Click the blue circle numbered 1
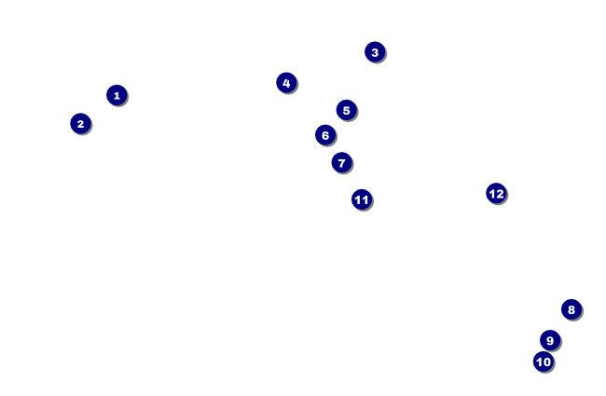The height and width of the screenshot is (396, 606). pos(116,95)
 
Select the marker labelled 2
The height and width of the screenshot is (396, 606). pos(80,123)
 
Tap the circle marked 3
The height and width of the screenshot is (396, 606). pos(375,52)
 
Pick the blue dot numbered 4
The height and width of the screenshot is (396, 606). pos(286,83)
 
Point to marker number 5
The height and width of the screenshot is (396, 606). pos(346,110)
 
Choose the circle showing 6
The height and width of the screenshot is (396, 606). pos(324,135)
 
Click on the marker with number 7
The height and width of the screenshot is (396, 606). pos(341,163)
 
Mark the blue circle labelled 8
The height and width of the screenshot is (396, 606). pos(572,309)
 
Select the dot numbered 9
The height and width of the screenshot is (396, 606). pos(550,340)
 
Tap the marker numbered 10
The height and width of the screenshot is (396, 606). pos(544,362)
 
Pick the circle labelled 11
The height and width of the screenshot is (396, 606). pos(362,199)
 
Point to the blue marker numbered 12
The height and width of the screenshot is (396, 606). pos(496,194)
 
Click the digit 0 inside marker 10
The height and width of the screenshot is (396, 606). pos(547,362)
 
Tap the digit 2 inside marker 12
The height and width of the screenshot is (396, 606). pos(500,194)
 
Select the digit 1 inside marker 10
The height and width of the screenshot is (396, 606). pos(539,362)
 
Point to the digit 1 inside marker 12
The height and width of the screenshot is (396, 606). pos(491,194)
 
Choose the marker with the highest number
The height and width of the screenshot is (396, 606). pos(496,194)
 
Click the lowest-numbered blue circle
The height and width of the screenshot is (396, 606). pos(116,95)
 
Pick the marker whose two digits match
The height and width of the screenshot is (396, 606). pos(362,199)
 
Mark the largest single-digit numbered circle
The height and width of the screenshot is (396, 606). pos(550,340)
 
